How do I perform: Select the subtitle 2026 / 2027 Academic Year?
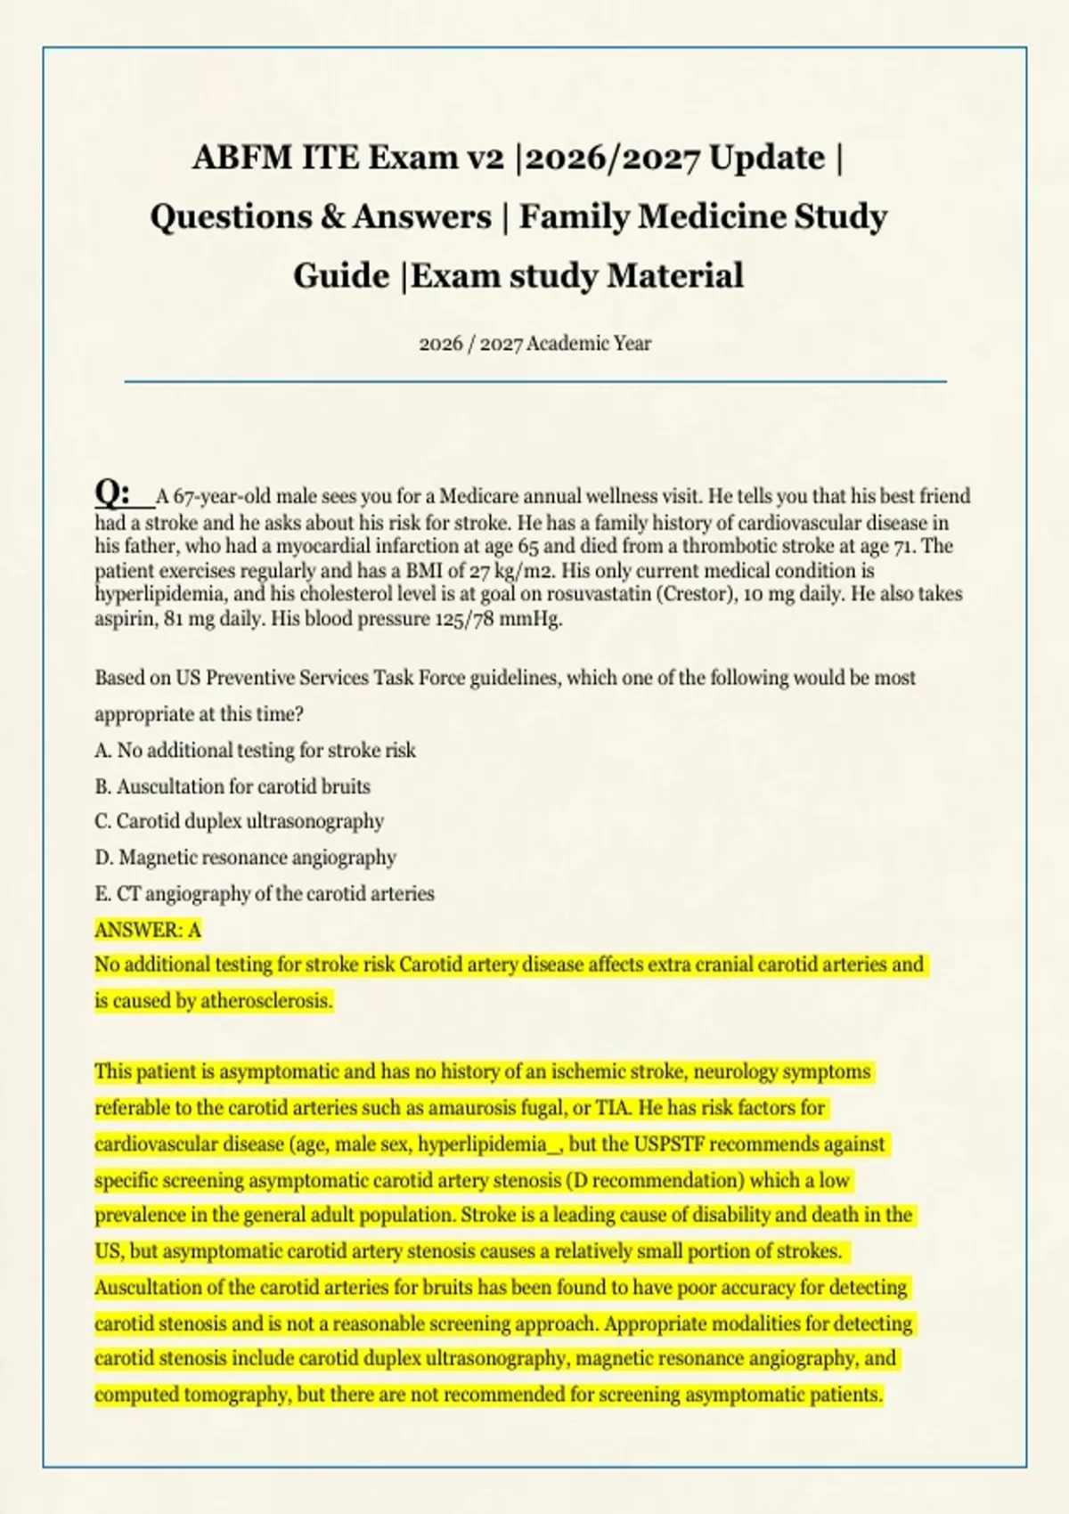coord(534,343)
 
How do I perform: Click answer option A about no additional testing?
coord(255,751)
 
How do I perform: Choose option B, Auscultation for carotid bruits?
coord(233,786)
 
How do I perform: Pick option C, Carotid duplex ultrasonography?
coord(239,821)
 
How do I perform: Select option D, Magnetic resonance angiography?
coord(245,858)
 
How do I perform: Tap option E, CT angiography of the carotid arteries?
coord(265,893)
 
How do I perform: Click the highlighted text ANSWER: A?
coord(148,930)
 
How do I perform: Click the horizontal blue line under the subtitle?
coord(534,381)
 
